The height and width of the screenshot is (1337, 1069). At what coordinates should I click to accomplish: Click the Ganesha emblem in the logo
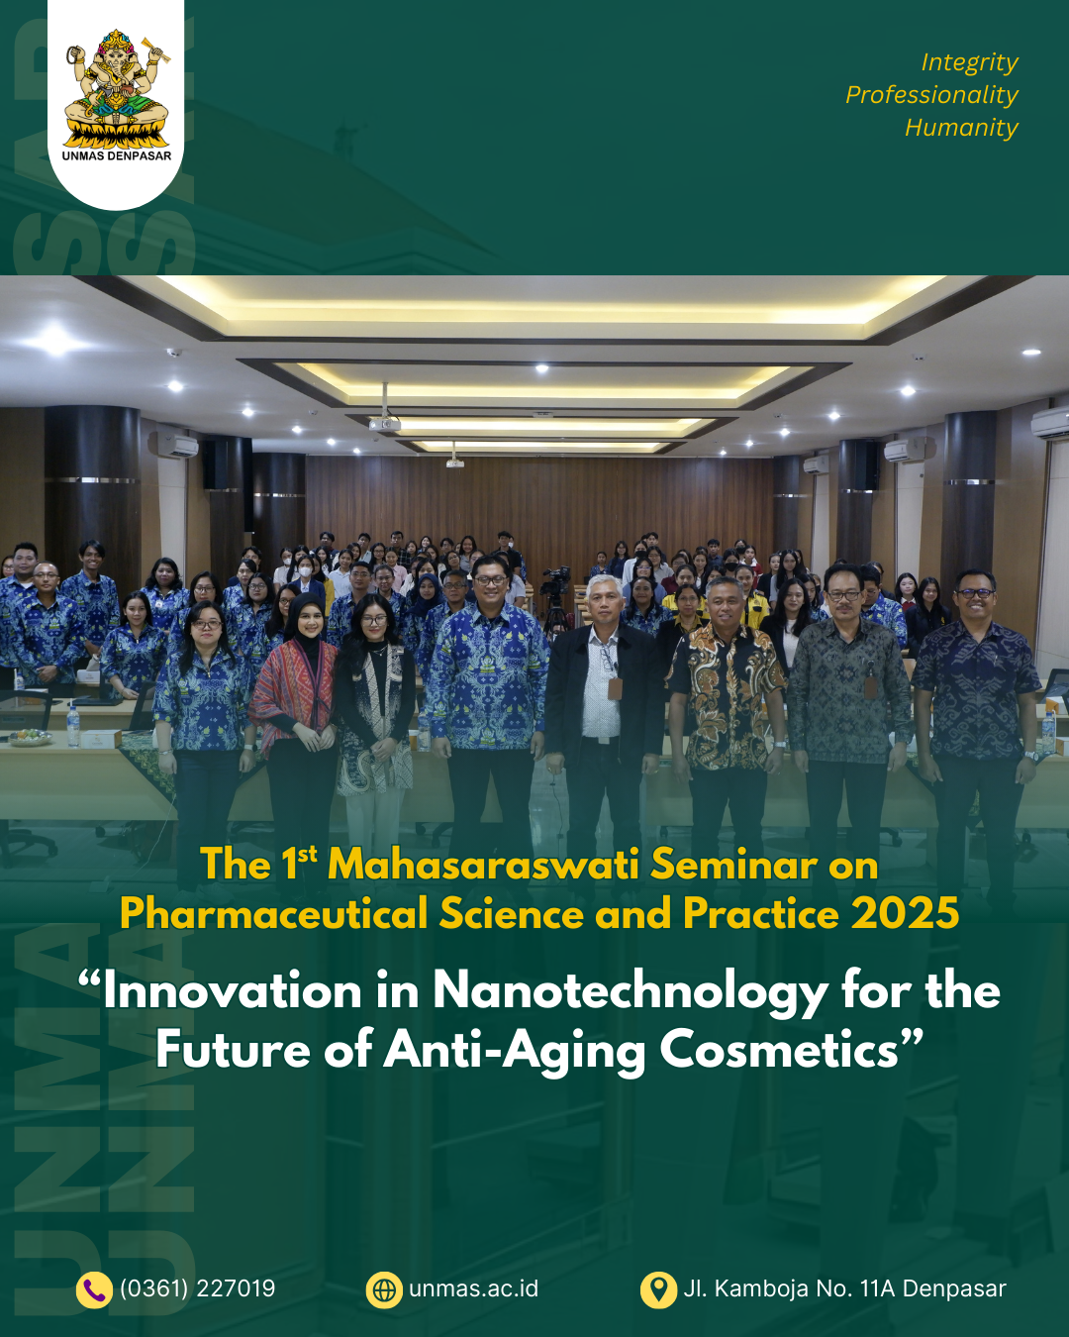tap(116, 89)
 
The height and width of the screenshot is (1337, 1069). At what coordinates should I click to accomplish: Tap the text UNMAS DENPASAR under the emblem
tap(116, 155)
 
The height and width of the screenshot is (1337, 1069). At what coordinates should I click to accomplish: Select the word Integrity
tap(969, 62)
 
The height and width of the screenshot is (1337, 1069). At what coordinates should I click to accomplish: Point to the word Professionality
tap(931, 95)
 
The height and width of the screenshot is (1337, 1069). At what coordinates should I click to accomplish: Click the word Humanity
tap(961, 128)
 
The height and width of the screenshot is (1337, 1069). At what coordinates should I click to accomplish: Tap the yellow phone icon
tap(94, 1289)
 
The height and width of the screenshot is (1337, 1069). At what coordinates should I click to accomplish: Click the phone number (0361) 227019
tap(198, 1288)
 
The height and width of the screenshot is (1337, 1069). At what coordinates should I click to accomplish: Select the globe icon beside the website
tap(384, 1289)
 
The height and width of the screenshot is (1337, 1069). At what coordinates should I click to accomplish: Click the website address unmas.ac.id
tap(473, 1288)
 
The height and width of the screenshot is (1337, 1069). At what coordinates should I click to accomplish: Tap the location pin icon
tap(658, 1289)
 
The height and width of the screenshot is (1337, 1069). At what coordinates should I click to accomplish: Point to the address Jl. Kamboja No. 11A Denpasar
tap(844, 1288)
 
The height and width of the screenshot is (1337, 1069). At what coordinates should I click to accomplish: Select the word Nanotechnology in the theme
tap(631, 991)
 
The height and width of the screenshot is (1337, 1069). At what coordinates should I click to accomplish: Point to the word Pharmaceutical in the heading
tap(273, 913)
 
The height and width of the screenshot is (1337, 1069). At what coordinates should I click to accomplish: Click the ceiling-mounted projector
tap(385, 424)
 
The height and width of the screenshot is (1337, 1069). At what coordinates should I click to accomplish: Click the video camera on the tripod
tap(556, 579)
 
